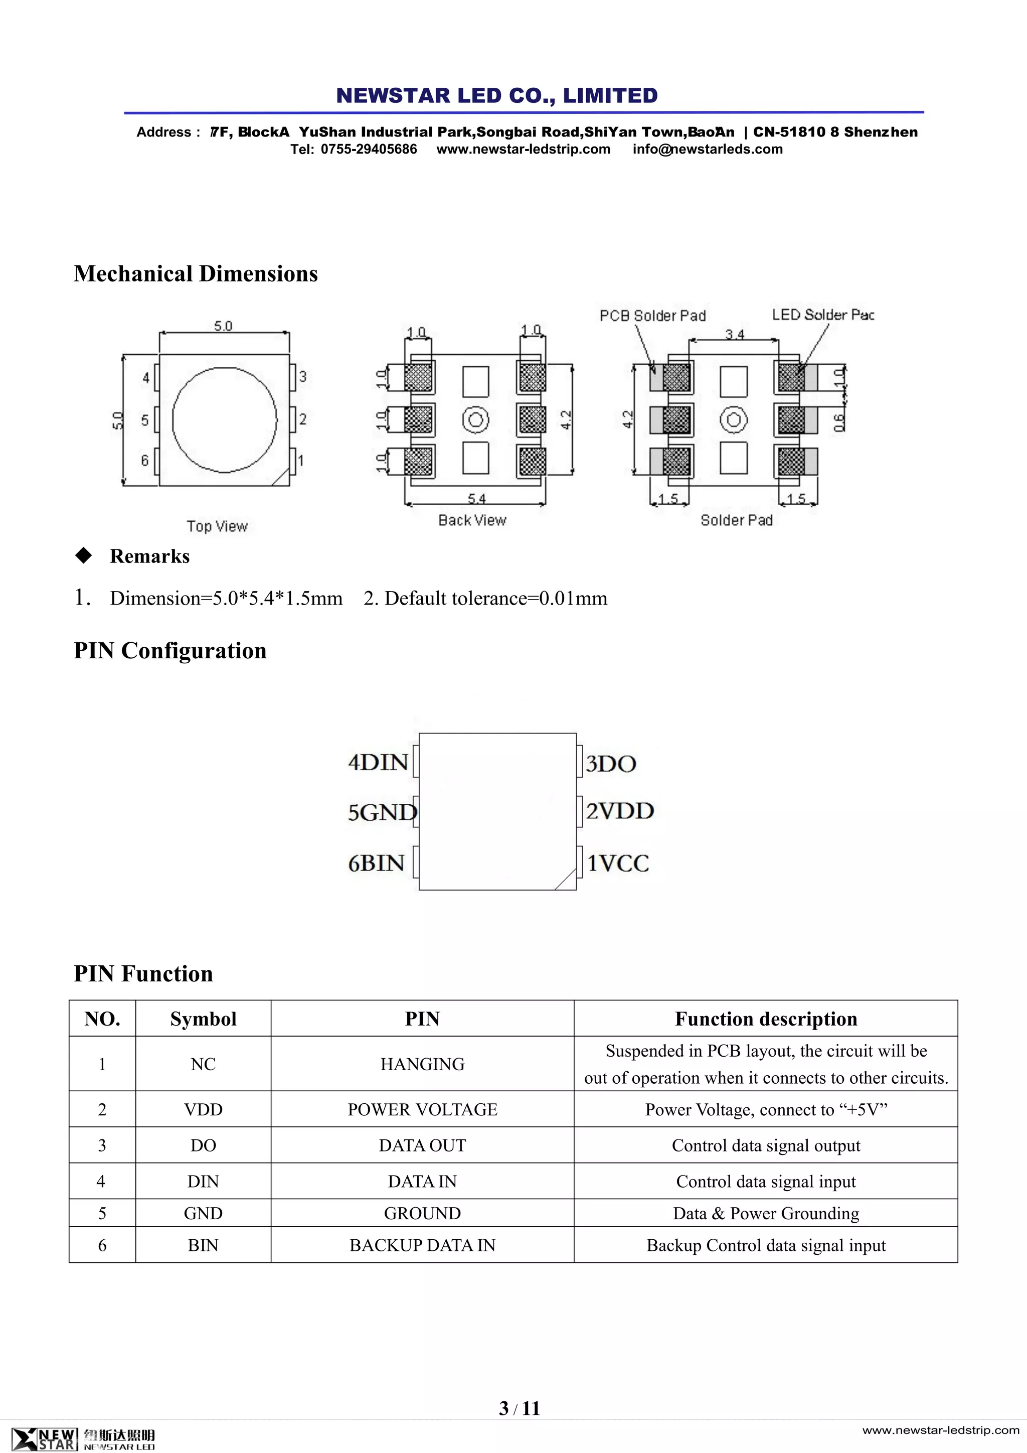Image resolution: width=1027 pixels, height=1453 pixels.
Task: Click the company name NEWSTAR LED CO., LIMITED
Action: [x=497, y=95]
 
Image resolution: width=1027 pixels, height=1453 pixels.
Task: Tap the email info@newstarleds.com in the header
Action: [x=707, y=150]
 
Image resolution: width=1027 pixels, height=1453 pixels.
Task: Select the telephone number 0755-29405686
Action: [x=369, y=150]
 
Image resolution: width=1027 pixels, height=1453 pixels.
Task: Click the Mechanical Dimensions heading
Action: [x=196, y=273]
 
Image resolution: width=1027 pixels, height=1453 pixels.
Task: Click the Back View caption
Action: [x=472, y=520]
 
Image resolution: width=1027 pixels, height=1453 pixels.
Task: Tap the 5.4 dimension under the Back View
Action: [x=476, y=498]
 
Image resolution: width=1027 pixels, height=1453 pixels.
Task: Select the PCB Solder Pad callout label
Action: [x=652, y=315]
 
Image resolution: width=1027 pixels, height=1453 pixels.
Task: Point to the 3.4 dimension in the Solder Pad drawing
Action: [x=734, y=334]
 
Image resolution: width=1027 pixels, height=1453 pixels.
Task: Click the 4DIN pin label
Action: [x=378, y=763]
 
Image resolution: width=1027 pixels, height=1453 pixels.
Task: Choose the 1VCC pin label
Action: [x=618, y=863]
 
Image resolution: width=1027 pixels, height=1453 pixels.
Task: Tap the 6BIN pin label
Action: [x=376, y=863]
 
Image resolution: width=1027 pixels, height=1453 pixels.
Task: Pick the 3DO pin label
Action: [x=610, y=763]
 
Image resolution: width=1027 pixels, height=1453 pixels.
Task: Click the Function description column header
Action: [x=766, y=1019]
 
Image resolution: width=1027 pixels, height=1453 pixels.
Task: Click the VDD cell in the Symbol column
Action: [x=203, y=1109]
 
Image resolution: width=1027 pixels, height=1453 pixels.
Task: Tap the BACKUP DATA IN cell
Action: [x=422, y=1245]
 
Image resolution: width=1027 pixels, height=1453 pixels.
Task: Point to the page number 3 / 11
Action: [x=519, y=1408]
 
